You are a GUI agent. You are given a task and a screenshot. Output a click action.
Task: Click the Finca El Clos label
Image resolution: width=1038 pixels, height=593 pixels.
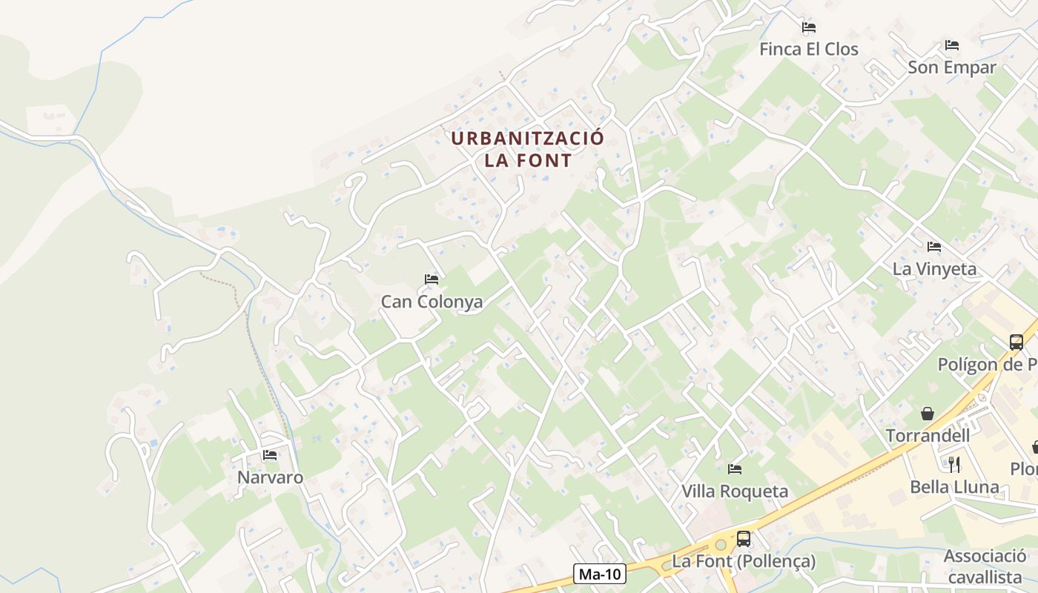(808, 50)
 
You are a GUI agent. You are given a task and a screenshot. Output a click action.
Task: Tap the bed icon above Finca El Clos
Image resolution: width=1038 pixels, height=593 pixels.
(809, 27)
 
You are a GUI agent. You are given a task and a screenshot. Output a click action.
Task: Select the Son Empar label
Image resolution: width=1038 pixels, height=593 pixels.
(952, 67)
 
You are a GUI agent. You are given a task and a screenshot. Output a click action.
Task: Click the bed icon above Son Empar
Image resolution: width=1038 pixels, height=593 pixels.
(952, 45)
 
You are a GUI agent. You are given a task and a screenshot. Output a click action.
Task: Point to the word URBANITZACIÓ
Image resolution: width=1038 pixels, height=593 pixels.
(528, 139)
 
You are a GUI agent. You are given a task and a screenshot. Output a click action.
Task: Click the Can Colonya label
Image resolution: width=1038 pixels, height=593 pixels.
(432, 302)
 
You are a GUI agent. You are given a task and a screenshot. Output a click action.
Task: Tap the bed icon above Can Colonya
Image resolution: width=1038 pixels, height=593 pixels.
(432, 279)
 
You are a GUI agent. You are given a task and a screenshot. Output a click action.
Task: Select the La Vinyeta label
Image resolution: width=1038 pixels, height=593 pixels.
(934, 269)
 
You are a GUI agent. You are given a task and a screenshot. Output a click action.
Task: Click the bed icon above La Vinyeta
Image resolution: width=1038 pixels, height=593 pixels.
(934, 247)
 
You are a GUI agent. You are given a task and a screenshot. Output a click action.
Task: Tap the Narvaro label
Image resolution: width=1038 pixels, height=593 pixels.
(270, 477)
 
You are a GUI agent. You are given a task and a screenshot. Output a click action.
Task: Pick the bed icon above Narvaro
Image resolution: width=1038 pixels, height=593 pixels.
(270, 455)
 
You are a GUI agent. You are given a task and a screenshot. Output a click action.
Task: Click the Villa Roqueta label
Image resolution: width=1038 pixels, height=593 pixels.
(735, 491)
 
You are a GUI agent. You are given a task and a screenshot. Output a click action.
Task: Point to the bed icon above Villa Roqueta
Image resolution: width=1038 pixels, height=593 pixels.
(735, 469)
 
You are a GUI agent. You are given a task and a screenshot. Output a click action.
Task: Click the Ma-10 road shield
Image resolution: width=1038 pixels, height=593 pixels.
(600, 574)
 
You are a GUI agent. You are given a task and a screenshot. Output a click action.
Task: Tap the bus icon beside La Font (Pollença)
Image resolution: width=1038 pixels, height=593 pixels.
(744, 539)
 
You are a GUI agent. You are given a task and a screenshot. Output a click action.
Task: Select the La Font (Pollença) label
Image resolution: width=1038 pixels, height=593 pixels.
(744, 561)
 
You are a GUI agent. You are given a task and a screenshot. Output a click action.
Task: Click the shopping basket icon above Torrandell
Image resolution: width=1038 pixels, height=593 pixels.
(928, 414)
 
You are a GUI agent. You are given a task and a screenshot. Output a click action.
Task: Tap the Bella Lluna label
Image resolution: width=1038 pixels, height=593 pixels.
(955, 487)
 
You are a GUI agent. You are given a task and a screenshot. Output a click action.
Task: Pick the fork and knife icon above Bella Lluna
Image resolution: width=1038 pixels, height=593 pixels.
(955, 465)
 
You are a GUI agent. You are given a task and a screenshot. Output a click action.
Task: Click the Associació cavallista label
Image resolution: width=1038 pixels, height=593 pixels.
(985, 566)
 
